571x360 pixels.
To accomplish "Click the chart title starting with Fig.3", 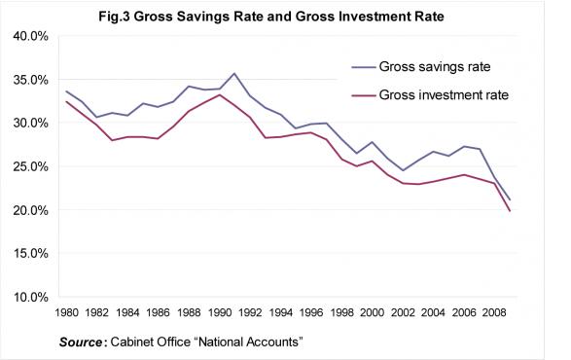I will click(285, 17).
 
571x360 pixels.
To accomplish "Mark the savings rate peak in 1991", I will click(234, 73).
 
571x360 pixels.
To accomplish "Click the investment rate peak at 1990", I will click(218, 94).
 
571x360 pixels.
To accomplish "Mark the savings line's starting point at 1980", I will click(66, 90).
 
